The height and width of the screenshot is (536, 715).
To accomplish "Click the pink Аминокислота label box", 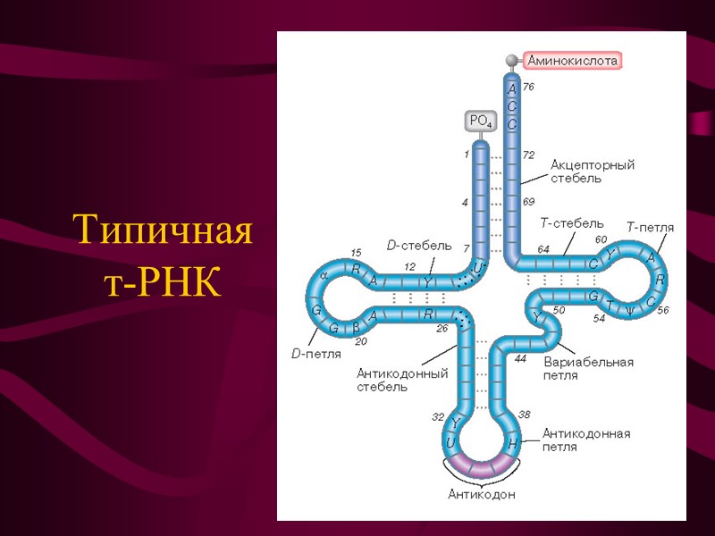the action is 572,61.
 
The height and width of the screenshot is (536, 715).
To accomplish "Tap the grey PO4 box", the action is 481,121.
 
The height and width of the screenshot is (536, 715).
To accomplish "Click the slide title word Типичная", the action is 163,230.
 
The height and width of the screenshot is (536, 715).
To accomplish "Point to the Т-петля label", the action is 650,228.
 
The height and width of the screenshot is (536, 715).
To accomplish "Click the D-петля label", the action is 315,354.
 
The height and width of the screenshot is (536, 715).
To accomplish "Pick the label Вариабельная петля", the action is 587,368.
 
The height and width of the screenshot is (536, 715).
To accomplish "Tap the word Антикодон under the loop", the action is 482,494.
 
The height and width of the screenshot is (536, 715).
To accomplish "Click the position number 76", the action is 528,87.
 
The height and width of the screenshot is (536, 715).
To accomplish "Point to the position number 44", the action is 520,359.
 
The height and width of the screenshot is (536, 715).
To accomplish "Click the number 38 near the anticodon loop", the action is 525,415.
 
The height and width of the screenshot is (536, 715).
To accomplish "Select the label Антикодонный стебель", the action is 402,380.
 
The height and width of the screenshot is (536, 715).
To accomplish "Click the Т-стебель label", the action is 572,223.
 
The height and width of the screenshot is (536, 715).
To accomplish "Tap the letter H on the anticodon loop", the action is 513,444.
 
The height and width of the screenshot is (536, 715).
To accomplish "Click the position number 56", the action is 662,310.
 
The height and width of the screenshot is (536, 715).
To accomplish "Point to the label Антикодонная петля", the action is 586,440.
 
